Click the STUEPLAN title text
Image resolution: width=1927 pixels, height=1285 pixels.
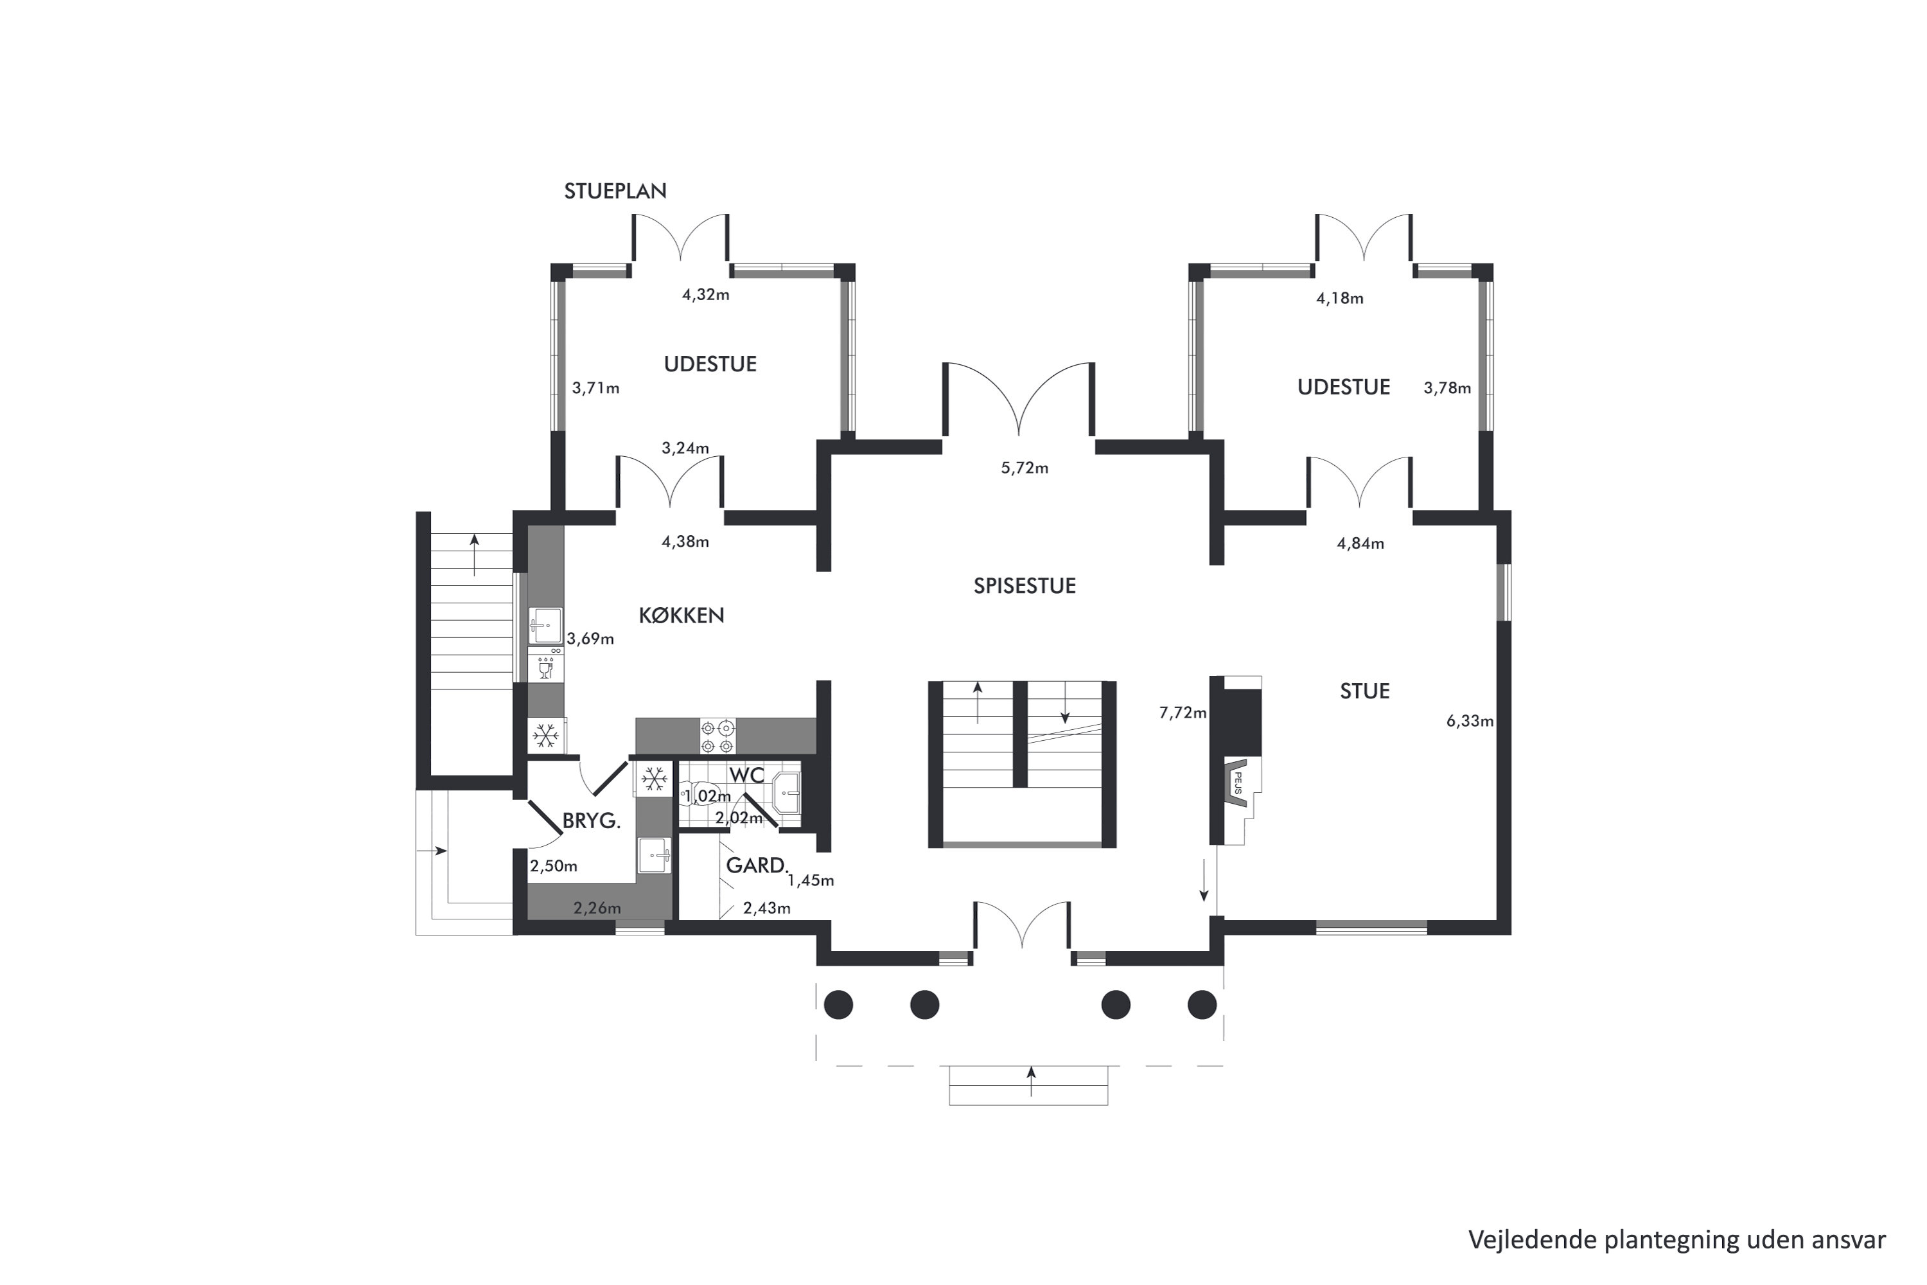pyautogui.click(x=615, y=191)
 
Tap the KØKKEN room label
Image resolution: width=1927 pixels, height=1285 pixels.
pyautogui.click(x=681, y=616)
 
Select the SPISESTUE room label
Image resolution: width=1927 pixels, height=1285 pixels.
pyautogui.click(x=1024, y=586)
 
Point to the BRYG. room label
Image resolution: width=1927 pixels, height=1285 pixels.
pyautogui.click(x=591, y=821)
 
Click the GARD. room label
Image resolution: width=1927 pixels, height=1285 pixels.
pyautogui.click(x=756, y=865)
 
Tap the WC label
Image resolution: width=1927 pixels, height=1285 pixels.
pyautogui.click(x=746, y=775)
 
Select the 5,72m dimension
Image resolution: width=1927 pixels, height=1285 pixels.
pyautogui.click(x=1024, y=468)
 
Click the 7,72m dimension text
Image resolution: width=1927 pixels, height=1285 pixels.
pyautogui.click(x=1183, y=713)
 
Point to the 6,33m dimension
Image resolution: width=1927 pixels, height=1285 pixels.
pyautogui.click(x=1470, y=721)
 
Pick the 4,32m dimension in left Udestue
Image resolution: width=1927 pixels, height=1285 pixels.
pyautogui.click(x=705, y=295)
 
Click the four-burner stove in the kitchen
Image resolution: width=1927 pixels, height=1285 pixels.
pyautogui.click(x=717, y=736)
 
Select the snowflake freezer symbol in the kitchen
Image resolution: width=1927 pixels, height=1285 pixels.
pyautogui.click(x=545, y=736)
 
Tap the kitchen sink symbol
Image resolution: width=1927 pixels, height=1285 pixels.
pyautogui.click(x=545, y=626)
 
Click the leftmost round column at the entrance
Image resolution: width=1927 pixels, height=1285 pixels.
pyautogui.click(x=838, y=1005)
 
